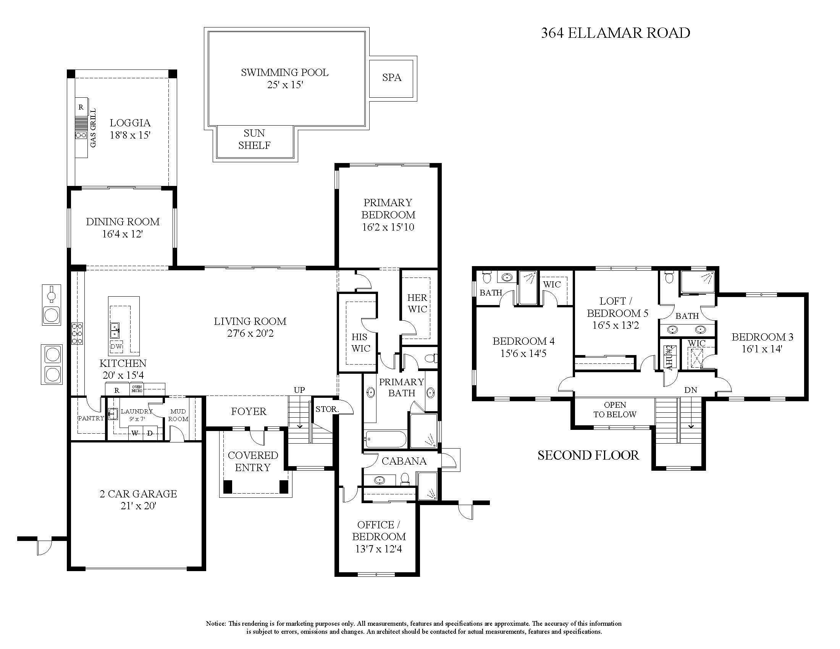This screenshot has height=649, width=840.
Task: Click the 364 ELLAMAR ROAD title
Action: click(x=615, y=33)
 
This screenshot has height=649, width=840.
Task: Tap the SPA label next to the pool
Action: click(x=391, y=77)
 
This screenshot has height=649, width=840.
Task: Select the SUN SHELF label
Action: click(x=254, y=139)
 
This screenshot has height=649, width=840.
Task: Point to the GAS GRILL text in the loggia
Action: click(x=93, y=128)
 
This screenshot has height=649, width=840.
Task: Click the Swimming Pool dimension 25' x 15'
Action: click(x=285, y=85)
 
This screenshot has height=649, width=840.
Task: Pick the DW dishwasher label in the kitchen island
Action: click(x=116, y=346)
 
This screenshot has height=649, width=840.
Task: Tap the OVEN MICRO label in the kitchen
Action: click(x=137, y=389)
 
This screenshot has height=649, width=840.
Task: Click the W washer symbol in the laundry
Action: click(x=135, y=433)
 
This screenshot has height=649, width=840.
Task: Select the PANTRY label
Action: click(x=91, y=418)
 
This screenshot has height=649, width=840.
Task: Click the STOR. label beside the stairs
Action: click(x=326, y=409)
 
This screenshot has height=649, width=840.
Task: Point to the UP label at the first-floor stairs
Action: click(x=299, y=390)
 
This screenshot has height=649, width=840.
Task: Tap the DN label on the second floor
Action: click(x=691, y=390)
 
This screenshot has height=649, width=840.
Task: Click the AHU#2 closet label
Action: click(x=670, y=358)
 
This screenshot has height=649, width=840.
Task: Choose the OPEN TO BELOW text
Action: click(x=615, y=410)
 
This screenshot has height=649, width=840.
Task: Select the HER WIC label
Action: click(x=417, y=304)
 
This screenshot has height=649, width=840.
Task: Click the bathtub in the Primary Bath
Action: click(x=385, y=439)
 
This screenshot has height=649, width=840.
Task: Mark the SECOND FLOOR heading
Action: click(x=588, y=455)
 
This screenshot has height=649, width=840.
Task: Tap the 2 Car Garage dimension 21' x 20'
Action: click(x=138, y=506)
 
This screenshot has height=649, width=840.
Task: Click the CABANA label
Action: click(x=404, y=461)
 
